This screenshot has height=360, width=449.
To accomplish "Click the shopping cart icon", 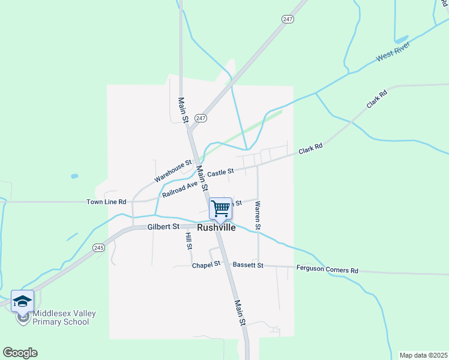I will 221,208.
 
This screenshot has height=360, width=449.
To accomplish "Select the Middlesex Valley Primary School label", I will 64,317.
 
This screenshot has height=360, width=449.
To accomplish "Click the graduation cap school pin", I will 22,301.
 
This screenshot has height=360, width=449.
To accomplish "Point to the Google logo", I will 20,353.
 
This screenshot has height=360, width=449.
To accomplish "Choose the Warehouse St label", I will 172,170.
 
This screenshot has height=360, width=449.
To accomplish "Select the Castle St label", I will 220,173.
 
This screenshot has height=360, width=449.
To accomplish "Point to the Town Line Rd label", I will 106,202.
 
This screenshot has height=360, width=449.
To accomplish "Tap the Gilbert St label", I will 164,227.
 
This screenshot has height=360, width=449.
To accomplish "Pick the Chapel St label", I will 206,265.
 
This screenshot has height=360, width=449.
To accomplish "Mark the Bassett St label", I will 249,265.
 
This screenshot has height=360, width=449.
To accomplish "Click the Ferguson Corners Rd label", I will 327,269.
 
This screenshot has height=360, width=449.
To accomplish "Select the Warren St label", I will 257,215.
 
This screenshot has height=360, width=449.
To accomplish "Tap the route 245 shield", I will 99,247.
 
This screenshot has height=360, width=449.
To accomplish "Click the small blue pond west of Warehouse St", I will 74,176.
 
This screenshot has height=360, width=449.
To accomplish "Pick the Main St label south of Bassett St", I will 240,313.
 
